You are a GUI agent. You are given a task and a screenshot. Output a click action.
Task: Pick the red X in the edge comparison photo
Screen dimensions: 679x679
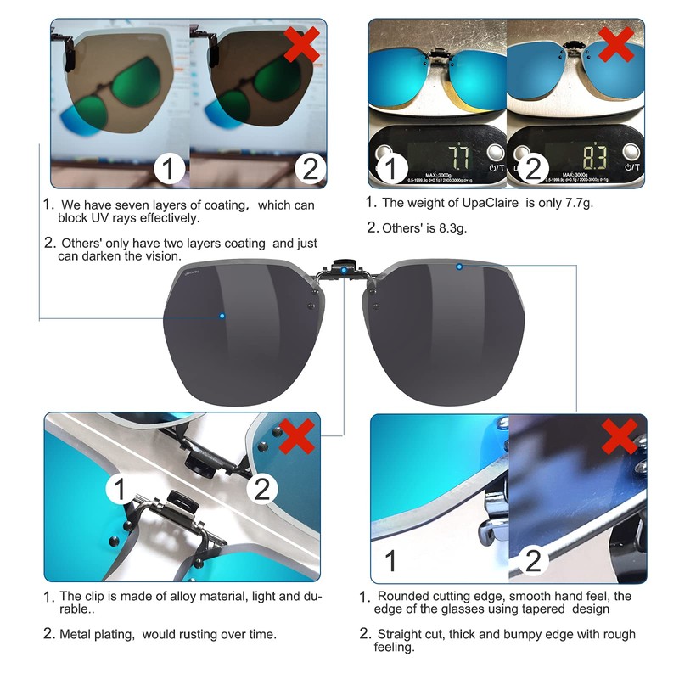(x=620, y=437)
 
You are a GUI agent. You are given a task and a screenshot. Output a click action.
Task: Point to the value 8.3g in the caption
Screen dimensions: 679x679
(x=451, y=227)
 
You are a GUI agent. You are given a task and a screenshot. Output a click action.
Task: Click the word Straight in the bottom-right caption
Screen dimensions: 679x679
(x=401, y=634)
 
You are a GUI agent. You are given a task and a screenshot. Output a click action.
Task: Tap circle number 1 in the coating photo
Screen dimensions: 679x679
(x=170, y=169)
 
